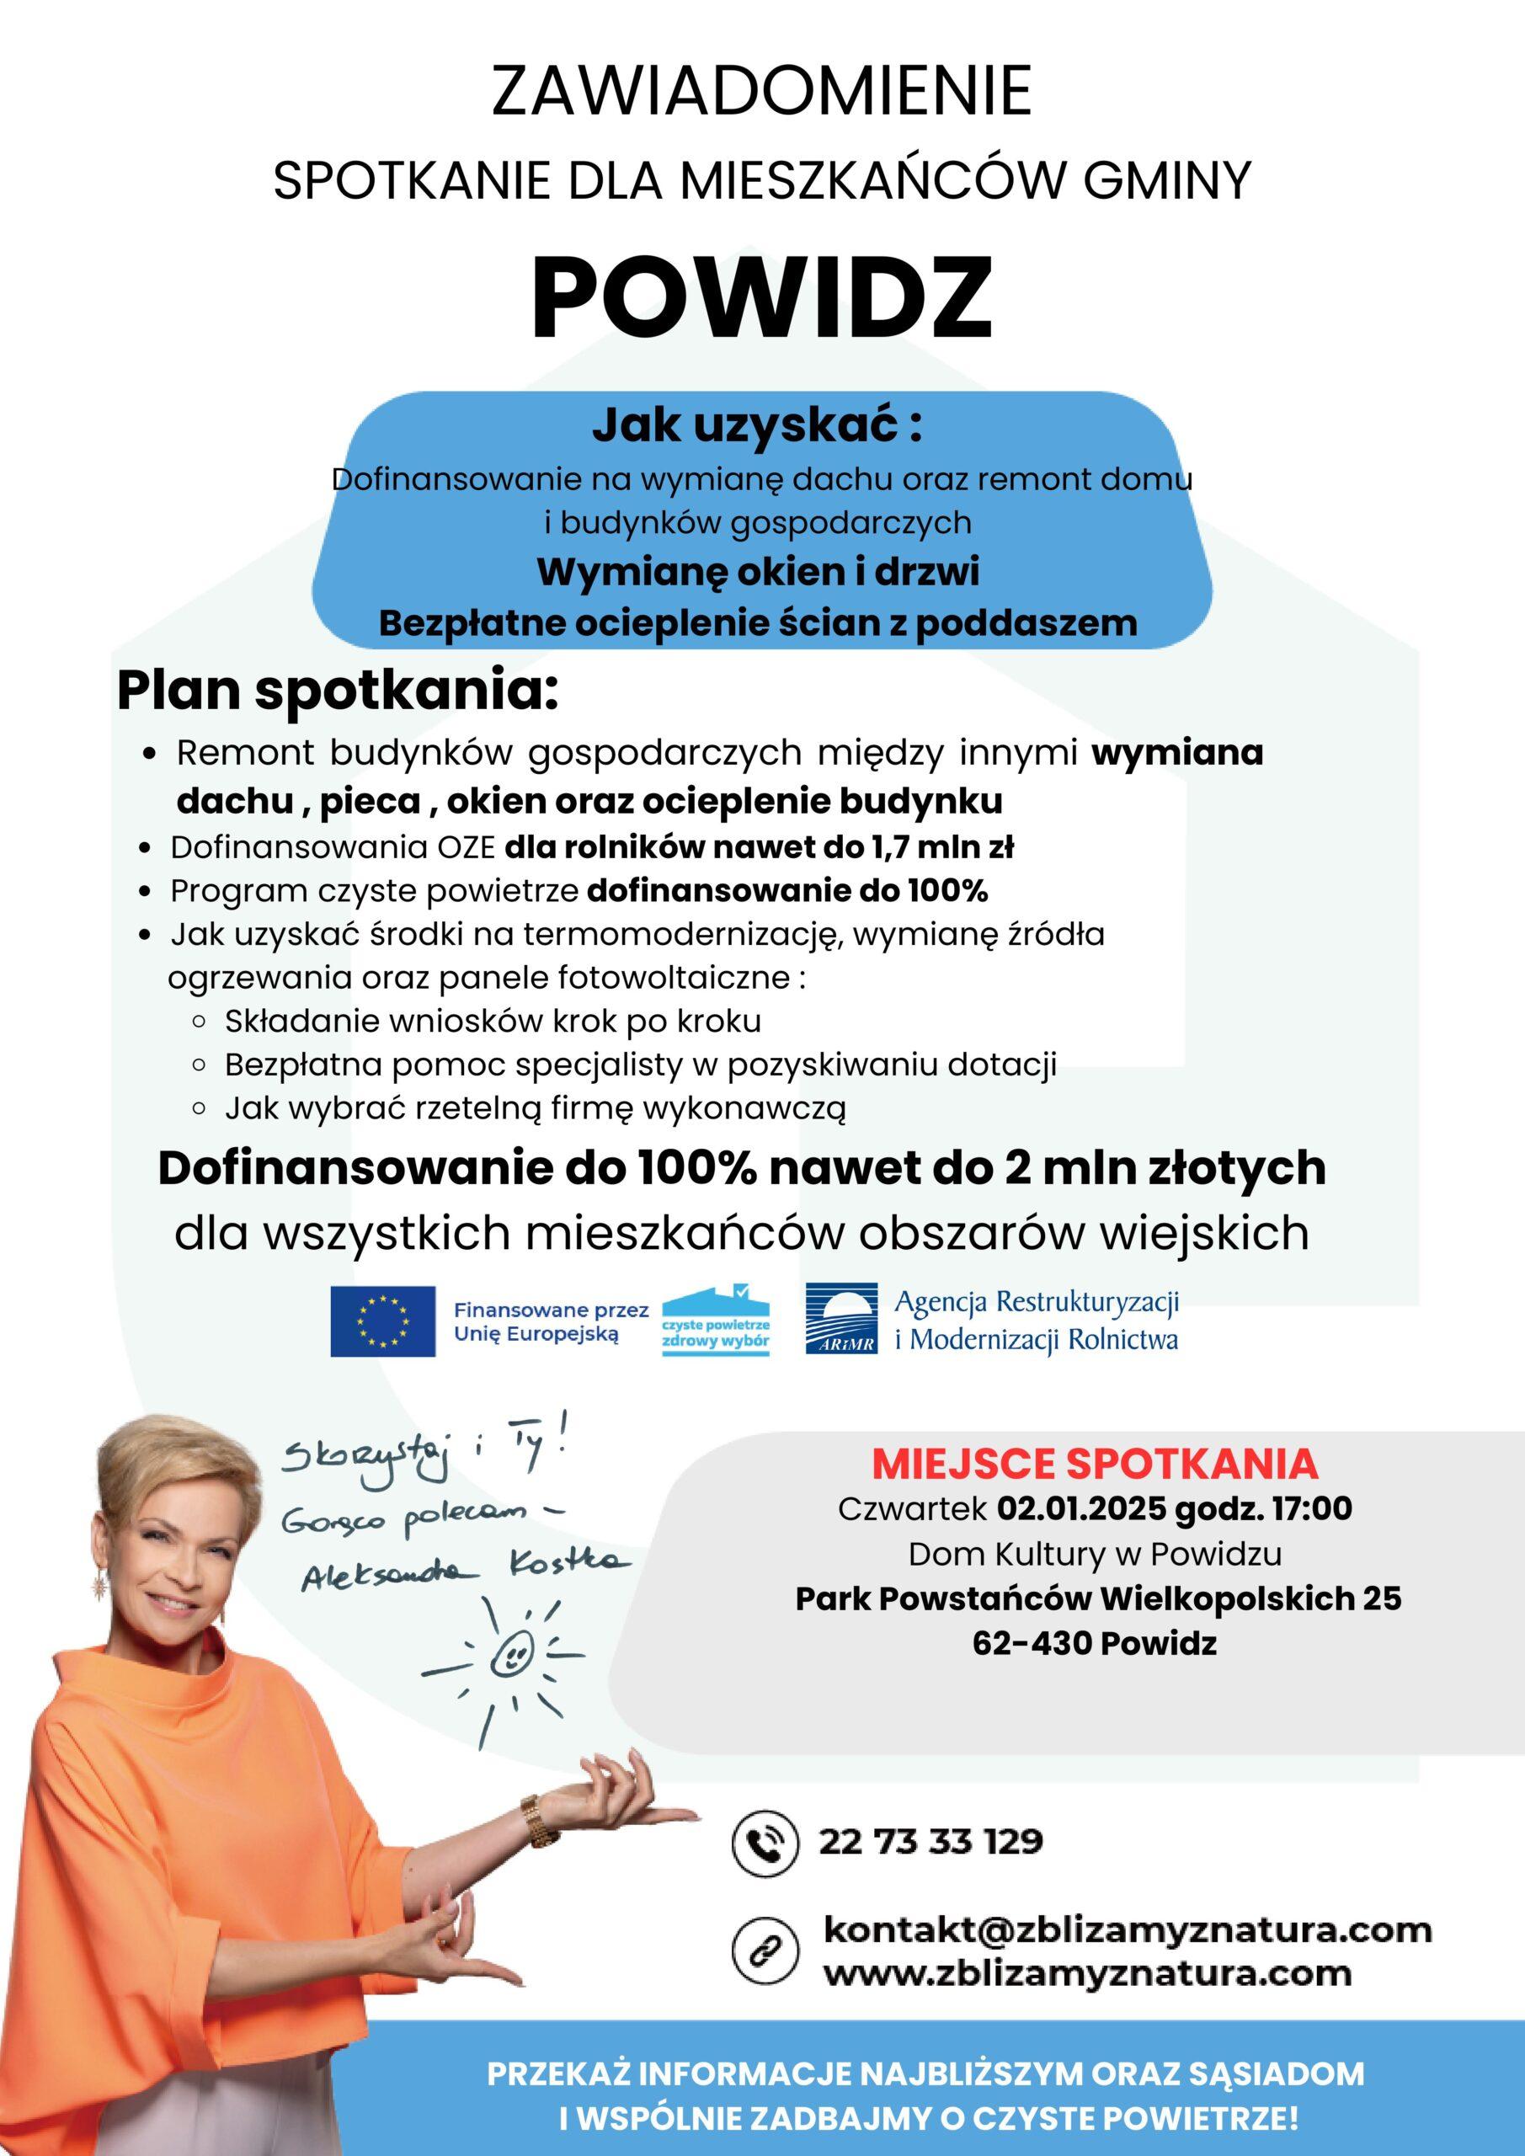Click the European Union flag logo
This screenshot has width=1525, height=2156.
coord(382,1321)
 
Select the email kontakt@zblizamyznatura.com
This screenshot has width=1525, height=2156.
coord(1127,1929)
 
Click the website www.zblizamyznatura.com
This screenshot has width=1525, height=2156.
coord(1087,1972)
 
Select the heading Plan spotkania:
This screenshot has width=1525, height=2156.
coord(337,692)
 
